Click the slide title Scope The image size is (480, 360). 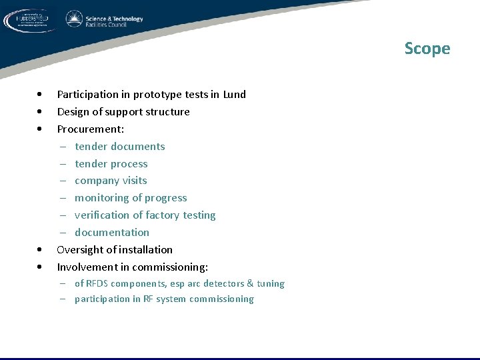point(427,49)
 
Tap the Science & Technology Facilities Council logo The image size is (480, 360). point(104,20)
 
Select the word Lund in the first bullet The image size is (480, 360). point(234,95)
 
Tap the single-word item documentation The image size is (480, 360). point(112,233)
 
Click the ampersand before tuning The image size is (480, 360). point(250,284)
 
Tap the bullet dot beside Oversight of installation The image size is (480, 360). point(41,250)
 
